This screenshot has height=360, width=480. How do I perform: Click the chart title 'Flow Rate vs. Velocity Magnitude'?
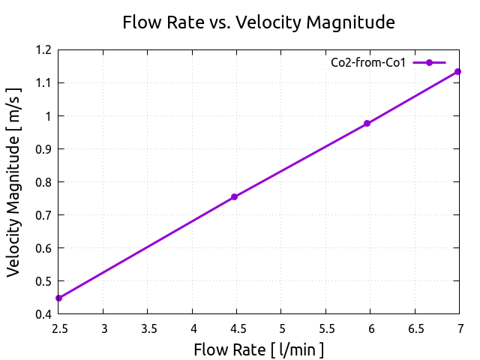point(259,23)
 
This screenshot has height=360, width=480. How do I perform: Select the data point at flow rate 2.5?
point(58,298)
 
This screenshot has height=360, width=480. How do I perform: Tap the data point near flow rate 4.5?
point(234,196)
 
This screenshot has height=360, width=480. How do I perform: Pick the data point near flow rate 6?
point(367,123)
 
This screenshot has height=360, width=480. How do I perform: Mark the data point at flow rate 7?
point(457,72)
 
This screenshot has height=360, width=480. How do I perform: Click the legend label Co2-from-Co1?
point(368,62)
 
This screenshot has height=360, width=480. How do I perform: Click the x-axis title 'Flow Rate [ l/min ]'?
point(259,349)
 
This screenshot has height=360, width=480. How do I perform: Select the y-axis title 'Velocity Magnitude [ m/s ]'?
point(14,181)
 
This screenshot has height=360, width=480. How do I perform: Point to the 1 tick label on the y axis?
point(46,116)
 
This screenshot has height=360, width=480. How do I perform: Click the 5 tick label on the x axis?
point(281,328)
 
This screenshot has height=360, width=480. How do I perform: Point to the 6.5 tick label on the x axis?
point(415,328)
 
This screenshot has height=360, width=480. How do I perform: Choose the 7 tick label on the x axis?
point(460,328)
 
